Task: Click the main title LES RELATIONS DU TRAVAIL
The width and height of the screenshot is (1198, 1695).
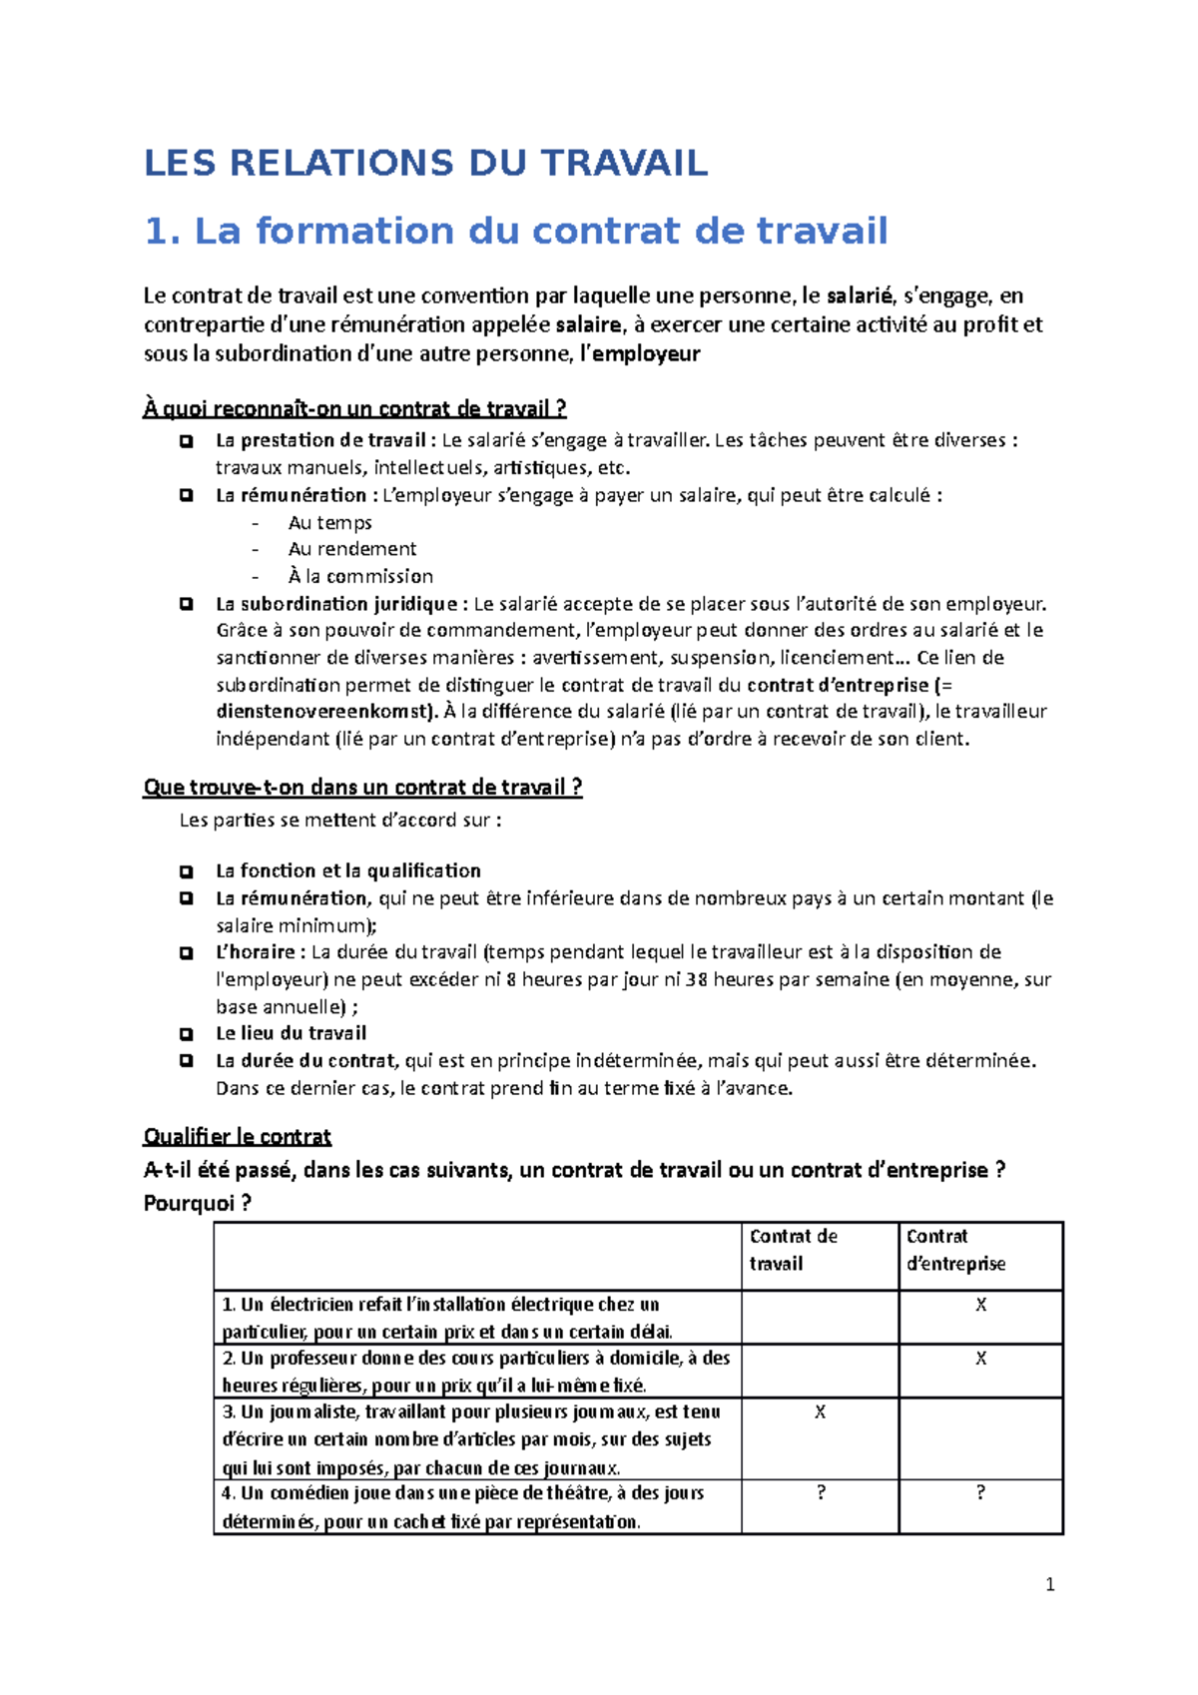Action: click(x=425, y=163)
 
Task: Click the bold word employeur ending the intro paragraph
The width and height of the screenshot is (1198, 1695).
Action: click(x=646, y=354)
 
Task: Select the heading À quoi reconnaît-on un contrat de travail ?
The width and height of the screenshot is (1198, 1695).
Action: click(x=354, y=409)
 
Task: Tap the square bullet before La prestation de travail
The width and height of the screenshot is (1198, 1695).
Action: click(x=186, y=441)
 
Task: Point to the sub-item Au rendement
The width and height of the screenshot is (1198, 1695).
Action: click(x=351, y=549)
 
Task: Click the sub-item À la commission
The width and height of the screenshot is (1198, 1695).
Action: click(x=359, y=577)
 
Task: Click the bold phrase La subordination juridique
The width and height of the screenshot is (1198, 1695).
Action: click(x=335, y=604)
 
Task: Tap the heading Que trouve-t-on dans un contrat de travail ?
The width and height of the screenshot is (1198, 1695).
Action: click(x=362, y=788)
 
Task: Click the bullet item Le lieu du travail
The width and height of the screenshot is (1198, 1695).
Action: click(x=291, y=1034)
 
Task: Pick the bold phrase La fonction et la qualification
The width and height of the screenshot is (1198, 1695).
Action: click(x=347, y=871)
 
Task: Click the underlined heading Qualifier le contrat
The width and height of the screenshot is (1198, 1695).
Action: click(x=237, y=1137)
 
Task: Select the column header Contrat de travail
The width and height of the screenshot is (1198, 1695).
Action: click(x=793, y=1250)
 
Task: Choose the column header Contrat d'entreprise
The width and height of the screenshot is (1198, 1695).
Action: click(x=954, y=1250)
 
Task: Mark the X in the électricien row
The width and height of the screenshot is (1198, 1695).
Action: click(x=980, y=1306)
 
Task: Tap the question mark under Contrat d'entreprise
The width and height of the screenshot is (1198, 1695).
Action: click(x=980, y=1493)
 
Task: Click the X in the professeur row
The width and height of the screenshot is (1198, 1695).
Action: click(x=980, y=1360)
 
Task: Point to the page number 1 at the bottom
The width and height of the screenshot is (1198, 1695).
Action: click(x=1049, y=1585)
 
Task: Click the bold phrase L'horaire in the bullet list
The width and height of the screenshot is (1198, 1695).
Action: click(x=255, y=952)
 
